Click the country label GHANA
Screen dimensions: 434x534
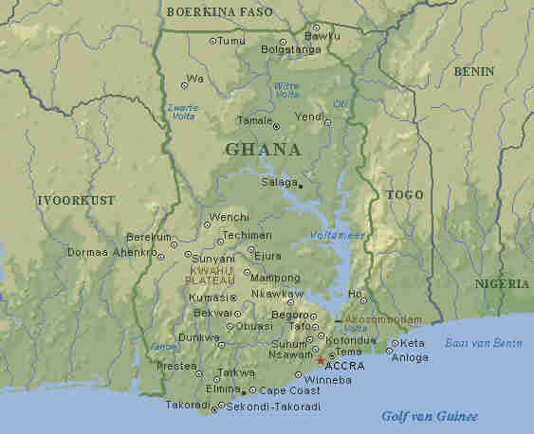pos(263,150)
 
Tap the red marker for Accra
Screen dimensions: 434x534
pos(320,361)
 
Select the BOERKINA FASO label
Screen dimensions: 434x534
pos(218,12)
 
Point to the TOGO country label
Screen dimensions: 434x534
pos(405,194)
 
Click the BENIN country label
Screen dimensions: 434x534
pos(473,71)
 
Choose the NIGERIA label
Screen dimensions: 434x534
pos(503,283)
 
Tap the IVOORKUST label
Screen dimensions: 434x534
pos(76,201)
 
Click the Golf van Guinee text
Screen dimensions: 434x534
pos(430,416)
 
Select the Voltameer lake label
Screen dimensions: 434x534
pos(337,235)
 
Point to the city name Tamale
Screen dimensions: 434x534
pos(253,120)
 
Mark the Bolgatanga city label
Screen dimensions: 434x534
pos(291,47)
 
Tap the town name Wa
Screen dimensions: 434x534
pos(195,79)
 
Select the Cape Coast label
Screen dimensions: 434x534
pos(290,390)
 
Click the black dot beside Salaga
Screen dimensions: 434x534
pos(301,186)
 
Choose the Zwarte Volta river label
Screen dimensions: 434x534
pos(182,113)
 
